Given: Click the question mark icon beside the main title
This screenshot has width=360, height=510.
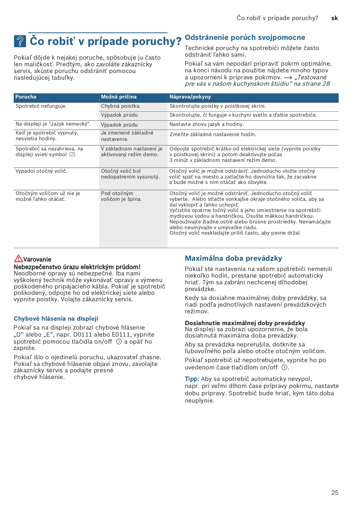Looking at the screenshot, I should [20, 41].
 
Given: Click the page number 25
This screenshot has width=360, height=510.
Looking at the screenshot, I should [335, 492].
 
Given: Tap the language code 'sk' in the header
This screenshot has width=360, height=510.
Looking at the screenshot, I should [334, 18].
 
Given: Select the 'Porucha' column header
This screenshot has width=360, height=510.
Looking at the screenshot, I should [26, 97].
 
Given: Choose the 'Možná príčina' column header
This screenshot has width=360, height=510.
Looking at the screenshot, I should [119, 97].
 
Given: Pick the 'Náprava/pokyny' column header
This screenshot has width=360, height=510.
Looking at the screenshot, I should [190, 97].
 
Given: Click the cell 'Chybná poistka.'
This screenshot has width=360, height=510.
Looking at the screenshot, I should [120, 106].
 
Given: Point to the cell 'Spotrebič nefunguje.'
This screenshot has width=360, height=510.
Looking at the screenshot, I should [41, 106].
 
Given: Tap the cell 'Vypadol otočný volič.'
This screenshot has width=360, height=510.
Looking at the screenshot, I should [41, 171].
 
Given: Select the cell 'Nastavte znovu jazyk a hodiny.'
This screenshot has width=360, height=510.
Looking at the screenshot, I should [206, 124].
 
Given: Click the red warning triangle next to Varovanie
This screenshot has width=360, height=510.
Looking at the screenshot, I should [18, 258].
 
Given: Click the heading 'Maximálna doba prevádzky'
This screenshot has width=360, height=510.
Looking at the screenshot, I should [233, 259].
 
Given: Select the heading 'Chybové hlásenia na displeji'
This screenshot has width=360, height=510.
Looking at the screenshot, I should [56, 319].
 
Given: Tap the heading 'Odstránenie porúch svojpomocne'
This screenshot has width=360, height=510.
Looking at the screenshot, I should [245, 38].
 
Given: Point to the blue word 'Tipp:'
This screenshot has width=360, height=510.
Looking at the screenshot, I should [192, 379].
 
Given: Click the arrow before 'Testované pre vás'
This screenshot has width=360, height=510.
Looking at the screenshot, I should [288, 78].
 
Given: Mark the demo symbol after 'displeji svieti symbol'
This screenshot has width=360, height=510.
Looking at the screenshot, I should [72, 155].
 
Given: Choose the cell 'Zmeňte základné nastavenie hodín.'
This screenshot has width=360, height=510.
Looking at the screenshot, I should [212, 135].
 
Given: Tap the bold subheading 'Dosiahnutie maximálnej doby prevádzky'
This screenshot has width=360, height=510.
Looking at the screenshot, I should [245, 323].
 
